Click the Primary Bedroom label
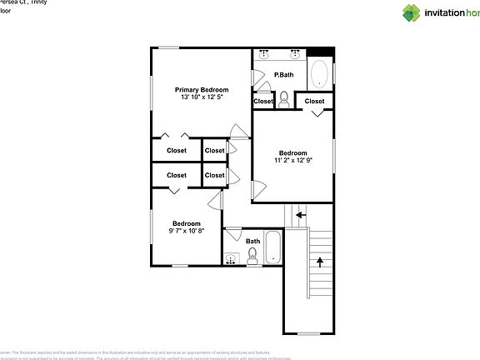tap(201, 89)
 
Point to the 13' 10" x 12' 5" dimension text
tap(201, 97)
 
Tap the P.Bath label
tap(284, 75)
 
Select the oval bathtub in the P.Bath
tap(319, 75)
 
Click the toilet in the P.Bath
tap(283, 99)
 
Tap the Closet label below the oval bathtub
tap(314, 101)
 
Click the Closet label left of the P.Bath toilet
tap(263, 101)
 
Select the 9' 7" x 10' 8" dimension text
tap(186, 231)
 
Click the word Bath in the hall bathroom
tap(252, 241)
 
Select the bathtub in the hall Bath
tap(273, 247)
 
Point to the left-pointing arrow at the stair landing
tap(300, 214)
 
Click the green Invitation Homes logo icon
tap(412, 12)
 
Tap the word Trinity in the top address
tap(35, 2)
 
